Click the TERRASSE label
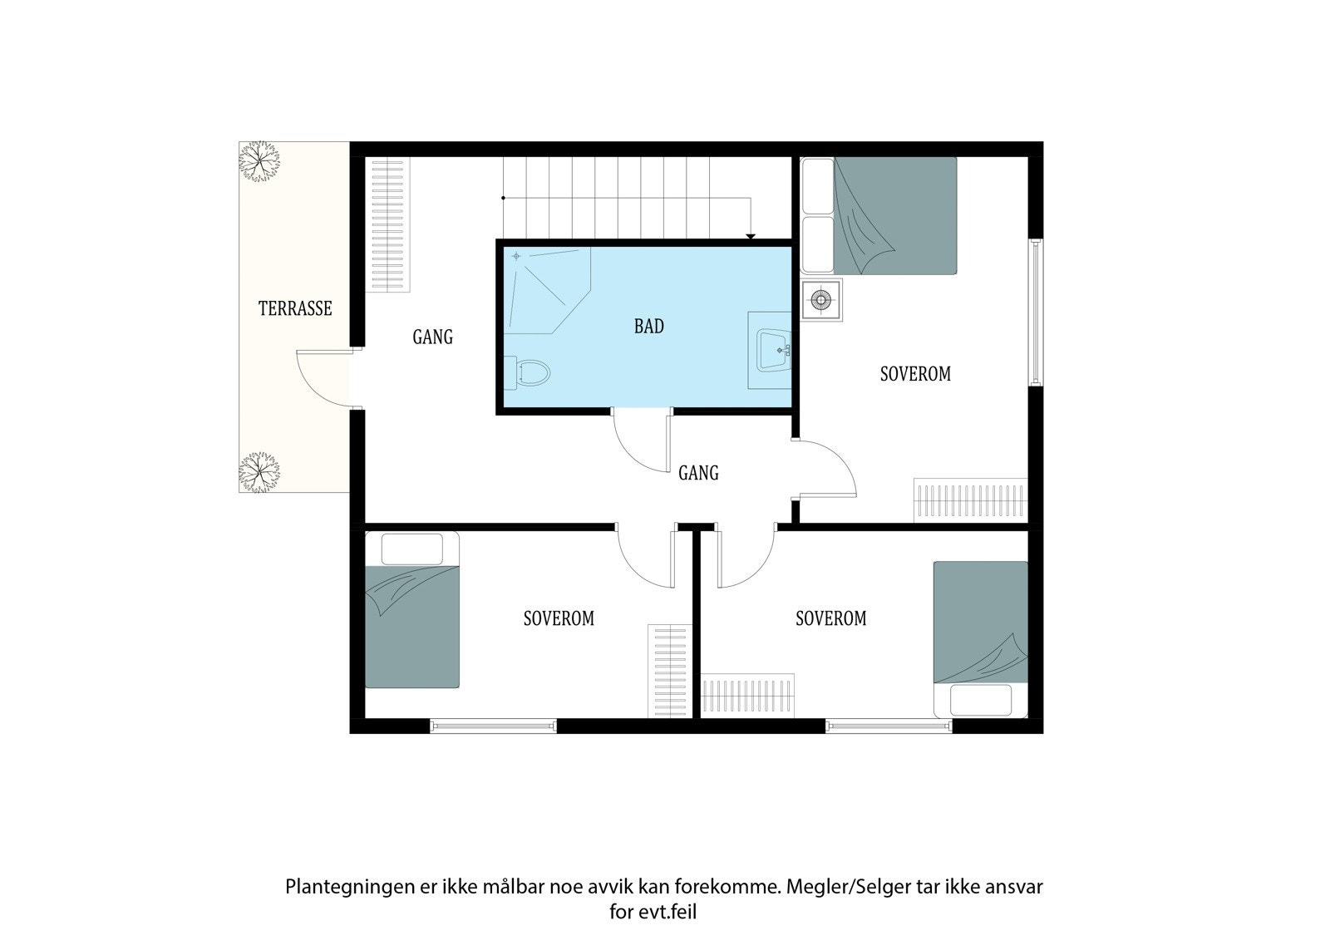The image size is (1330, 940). point(295,308)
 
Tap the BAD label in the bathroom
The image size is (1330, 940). point(649,326)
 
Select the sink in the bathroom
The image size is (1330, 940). point(774,350)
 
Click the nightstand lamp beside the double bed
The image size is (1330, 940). point(820,300)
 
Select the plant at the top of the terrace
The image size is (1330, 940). point(259,161)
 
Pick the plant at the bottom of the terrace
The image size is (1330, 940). point(259,472)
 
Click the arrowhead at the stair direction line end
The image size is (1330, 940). point(751,236)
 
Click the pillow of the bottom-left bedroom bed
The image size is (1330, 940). point(412,549)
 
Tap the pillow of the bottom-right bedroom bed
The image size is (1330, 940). point(981,700)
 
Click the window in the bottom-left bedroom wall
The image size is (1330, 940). point(494,725)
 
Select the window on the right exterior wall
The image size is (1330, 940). point(1036,313)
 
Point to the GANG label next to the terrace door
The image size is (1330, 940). point(433,337)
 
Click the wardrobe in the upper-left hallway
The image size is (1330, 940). point(387,224)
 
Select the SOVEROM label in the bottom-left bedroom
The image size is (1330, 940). point(559,618)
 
